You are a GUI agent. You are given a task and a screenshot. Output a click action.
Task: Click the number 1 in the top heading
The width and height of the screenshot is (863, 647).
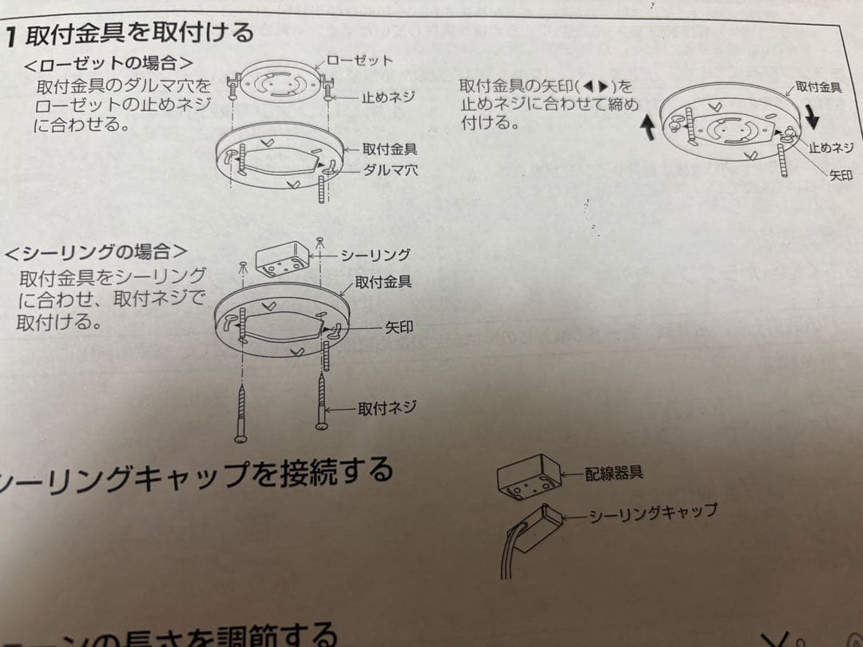click(10, 37)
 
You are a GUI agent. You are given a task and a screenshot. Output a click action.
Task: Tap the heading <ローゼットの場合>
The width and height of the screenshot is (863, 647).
click(109, 63)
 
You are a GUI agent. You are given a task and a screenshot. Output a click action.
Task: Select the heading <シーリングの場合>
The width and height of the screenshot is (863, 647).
click(95, 252)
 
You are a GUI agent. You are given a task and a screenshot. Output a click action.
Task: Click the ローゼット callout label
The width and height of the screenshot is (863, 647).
click(360, 61)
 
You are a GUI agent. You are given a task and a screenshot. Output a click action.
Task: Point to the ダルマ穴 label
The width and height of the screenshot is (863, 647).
click(391, 170)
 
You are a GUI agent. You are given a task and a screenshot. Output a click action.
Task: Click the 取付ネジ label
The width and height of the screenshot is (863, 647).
click(387, 408)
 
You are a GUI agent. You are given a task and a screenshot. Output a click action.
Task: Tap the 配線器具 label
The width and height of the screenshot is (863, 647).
click(614, 472)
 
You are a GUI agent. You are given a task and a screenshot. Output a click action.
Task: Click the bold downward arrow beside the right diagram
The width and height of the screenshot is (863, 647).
click(812, 117)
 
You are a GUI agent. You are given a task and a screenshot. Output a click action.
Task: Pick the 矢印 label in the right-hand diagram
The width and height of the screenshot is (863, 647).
click(841, 175)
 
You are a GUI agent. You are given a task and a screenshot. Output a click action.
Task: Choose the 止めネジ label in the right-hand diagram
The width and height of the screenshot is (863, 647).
click(831, 147)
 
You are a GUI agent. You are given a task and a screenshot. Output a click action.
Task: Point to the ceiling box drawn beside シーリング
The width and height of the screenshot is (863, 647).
click(281, 260)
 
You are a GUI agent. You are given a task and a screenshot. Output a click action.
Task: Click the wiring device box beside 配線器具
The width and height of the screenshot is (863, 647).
click(528, 476)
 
